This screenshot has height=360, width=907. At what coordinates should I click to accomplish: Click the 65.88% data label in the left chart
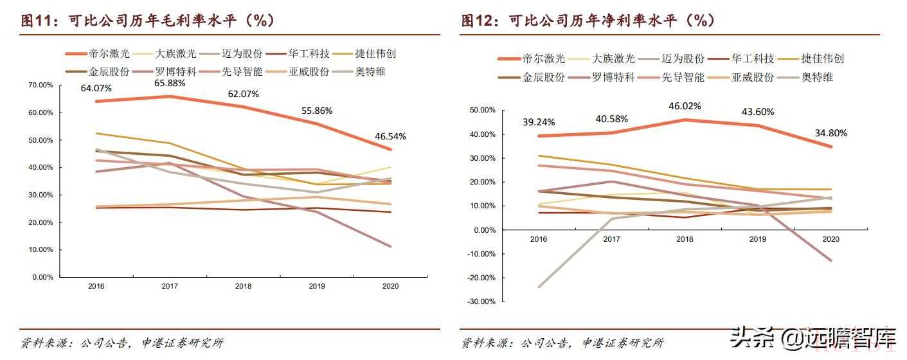pos(169,83)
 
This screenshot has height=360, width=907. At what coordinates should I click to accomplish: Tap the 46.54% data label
pos(390,136)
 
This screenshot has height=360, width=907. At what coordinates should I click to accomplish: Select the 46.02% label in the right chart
pos(684,106)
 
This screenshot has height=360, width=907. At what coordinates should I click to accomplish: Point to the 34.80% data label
pos(831,133)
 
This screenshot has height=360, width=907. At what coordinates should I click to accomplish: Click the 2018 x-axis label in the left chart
pos(242,286)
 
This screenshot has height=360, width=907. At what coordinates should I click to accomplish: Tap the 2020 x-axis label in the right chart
pos(831,239)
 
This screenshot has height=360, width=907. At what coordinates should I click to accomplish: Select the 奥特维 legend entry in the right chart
pos(816,77)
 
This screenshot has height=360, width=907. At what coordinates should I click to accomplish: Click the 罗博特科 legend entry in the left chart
pos(175,71)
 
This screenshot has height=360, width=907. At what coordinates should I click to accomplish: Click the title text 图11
pos(37,21)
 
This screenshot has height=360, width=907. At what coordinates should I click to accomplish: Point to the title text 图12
pos(476,21)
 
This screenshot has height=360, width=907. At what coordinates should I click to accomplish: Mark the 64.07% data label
pos(95,87)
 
